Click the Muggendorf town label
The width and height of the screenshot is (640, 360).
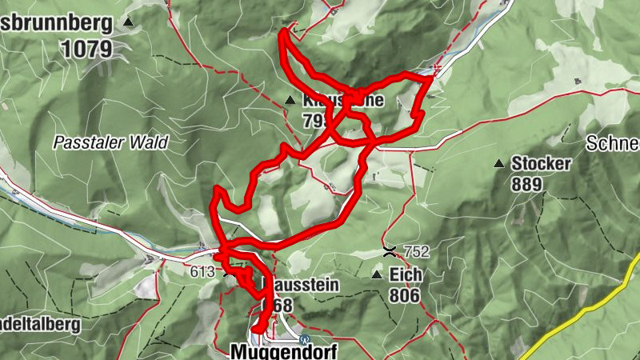pyautogui.click(x=283, y=351)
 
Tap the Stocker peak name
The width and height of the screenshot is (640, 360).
pyautogui.click(x=542, y=164)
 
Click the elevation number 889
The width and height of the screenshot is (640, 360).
pyautogui.click(x=527, y=185)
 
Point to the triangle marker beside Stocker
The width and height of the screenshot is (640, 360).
pyautogui.click(x=499, y=164)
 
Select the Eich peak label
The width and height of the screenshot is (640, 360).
pyautogui.click(x=406, y=274)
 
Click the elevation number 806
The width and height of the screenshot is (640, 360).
pyautogui.click(x=406, y=295)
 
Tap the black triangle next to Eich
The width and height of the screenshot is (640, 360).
pyautogui.click(x=376, y=275)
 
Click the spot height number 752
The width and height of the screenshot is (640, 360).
pyautogui.click(x=416, y=251)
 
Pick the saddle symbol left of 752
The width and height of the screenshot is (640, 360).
pyautogui.click(x=390, y=250)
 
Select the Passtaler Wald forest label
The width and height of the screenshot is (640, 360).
pyautogui.click(x=110, y=143)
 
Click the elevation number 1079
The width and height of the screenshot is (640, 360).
pyautogui.click(x=86, y=49)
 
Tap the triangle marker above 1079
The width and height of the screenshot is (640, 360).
pyautogui.click(x=128, y=23)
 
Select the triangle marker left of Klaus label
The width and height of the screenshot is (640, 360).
pyautogui.click(x=290, y=100)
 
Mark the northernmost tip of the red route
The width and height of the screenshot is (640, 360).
pyautogui.click(x=283, y=31)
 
